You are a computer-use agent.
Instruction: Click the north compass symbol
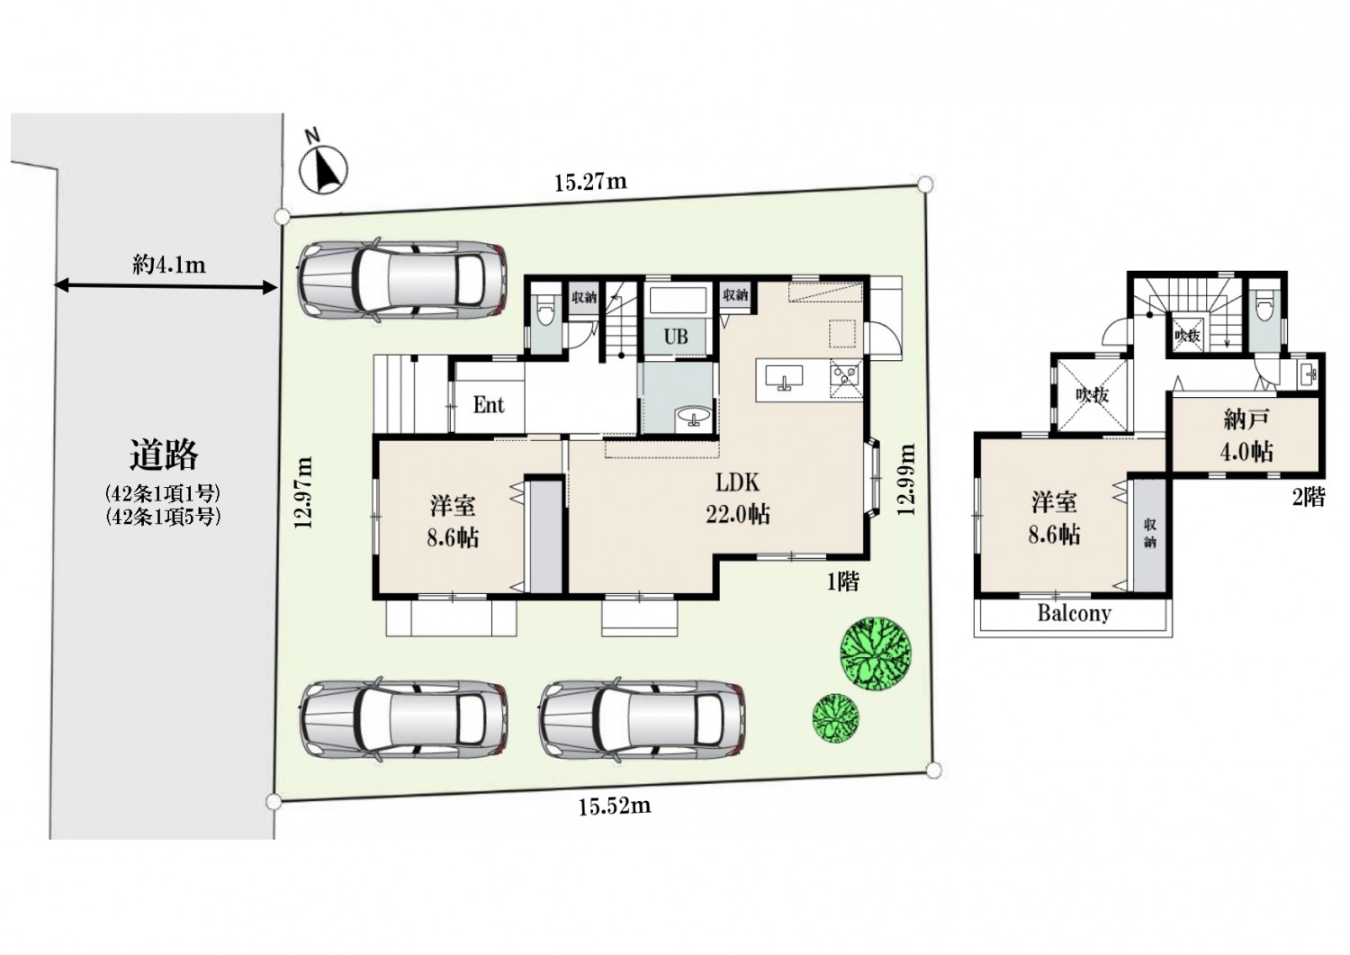(323, 167)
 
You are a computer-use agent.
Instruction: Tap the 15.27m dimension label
(590, 182)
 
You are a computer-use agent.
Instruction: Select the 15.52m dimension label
(615, 806)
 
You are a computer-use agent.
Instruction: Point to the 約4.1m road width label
(169, 265)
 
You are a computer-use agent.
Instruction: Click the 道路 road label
(164, 455)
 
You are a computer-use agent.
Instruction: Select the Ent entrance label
(489, 405)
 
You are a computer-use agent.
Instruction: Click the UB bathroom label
(676, 337)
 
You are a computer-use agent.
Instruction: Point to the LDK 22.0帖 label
(738, 498)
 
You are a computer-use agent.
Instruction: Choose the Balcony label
(1074, 613)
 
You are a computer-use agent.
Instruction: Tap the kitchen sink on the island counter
(784, 378)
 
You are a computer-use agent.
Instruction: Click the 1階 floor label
(842, 581)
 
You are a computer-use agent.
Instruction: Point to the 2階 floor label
(1309, 497)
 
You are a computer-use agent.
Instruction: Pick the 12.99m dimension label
(906, 480)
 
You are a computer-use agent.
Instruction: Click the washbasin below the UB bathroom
(694, 416)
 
